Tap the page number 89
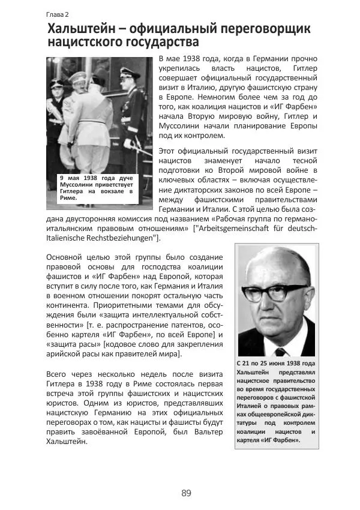(185, 493)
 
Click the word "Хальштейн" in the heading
(82, 29)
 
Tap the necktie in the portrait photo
(280, 350)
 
